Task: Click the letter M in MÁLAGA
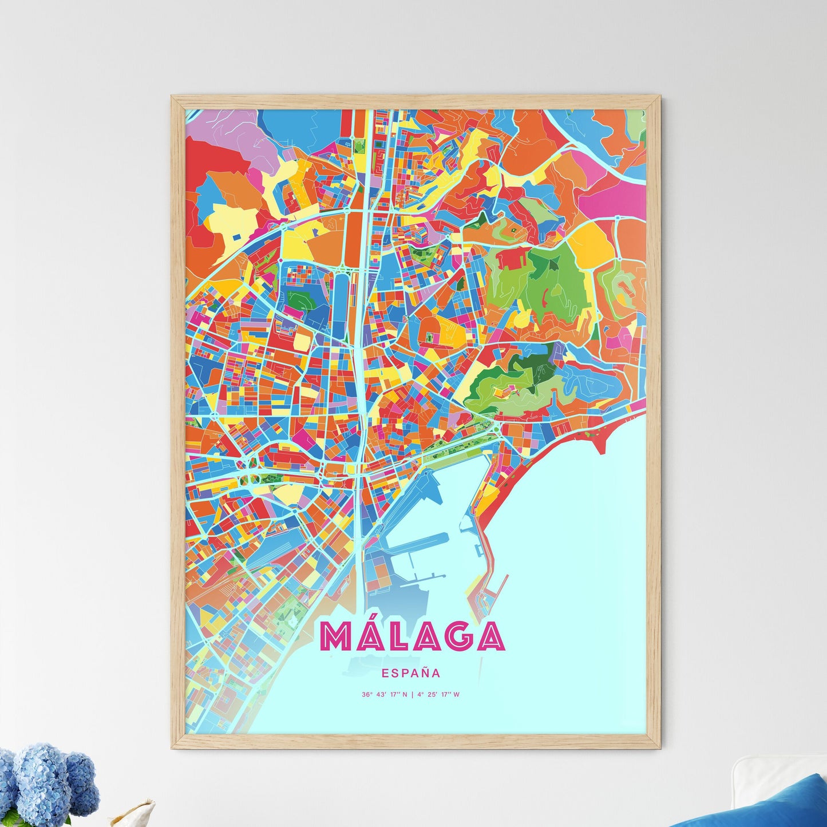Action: [x=337, y=636]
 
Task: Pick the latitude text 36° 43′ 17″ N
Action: [x=385, y=695]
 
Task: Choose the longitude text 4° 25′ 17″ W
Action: [x=438, y=695]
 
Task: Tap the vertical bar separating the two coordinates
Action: [x=412, y=695]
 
